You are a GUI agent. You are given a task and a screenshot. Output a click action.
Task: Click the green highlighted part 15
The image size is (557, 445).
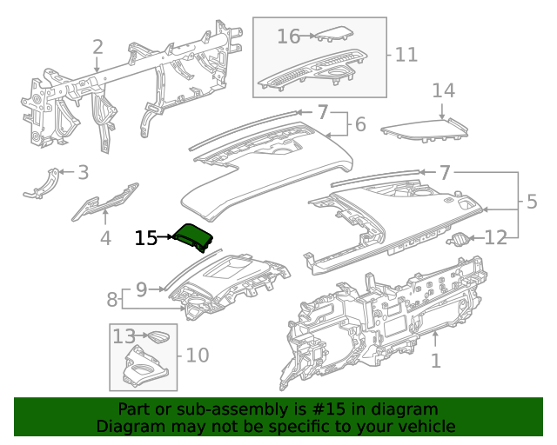[192, 236]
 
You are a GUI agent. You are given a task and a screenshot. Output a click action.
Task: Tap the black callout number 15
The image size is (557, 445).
[146, 237]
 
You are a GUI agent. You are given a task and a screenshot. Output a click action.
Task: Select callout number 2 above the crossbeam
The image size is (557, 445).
[97, 47]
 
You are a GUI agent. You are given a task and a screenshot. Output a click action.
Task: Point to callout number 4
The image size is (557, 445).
[105, 237]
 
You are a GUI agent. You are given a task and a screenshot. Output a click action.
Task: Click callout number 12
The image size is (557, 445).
[495, 237]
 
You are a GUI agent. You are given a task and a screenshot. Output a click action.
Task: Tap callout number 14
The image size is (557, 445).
[444, 90]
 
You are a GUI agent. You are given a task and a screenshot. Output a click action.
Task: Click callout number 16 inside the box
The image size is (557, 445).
[289, 37]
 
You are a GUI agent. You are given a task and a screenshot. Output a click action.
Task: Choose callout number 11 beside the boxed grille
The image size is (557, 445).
[406, 55]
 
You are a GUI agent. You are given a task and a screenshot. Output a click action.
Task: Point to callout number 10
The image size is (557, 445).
[198, 355]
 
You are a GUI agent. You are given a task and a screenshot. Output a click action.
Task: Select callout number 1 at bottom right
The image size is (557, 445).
[437, 359]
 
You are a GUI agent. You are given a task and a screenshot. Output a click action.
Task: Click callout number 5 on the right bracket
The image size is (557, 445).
[532, 203]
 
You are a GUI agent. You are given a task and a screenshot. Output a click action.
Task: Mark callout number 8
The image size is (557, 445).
[112, 301]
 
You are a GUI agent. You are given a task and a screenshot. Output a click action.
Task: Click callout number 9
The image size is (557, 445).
[141, 287]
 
